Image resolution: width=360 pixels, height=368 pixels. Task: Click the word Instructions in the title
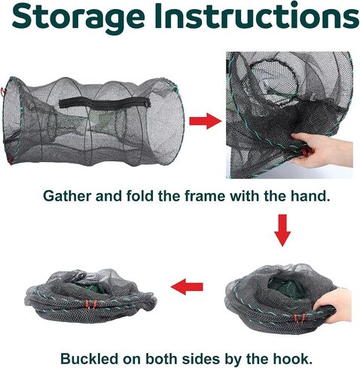[257, 15]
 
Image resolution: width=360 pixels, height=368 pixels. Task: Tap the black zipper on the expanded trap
[105, 103]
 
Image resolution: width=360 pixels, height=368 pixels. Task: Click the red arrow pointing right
[206, 121]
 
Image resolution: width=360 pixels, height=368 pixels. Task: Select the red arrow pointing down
[282, 230]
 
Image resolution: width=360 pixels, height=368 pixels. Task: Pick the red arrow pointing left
[187, 287]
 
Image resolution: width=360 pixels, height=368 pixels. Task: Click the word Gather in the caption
[67, 196]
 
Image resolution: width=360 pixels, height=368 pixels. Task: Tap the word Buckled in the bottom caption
[90, 358]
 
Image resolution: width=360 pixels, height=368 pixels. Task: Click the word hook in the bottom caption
[291, 358]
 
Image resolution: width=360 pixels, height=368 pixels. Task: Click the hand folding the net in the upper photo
[324, 150]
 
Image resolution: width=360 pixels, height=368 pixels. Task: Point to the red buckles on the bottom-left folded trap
[90, 304]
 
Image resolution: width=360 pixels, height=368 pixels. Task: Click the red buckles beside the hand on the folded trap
[299, 318]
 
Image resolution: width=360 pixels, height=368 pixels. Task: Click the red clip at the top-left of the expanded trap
[3, 91]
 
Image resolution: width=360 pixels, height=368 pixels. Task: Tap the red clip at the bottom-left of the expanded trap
[10, 161]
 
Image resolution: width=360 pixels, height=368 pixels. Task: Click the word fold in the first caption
[139, 196]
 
